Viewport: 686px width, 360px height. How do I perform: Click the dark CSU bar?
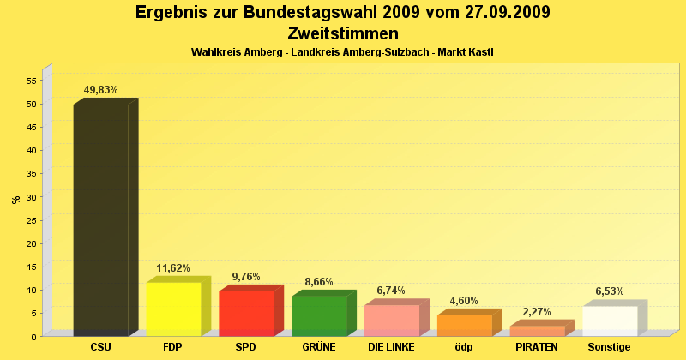101,220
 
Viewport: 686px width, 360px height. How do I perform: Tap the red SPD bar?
246,313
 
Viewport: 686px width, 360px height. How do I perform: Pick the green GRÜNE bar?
319,315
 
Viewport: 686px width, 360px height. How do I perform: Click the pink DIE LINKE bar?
392,320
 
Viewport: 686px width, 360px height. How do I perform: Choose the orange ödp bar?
465,325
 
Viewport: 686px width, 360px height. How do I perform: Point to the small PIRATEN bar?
538,330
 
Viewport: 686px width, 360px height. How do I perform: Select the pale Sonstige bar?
611,321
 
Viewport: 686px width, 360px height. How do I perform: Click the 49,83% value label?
101,89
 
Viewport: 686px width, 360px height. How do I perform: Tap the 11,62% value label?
173,268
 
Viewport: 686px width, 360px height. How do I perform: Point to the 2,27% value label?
537,312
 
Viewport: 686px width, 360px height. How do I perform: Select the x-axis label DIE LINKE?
391,347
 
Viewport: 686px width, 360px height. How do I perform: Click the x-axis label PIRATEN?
537,347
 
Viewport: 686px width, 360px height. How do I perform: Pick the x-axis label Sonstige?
610,347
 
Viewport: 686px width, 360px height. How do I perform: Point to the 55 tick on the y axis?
30,81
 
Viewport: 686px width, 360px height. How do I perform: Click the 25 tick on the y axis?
30,220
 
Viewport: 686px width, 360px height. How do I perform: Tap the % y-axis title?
15,200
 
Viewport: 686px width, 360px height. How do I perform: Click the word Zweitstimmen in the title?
343,34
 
